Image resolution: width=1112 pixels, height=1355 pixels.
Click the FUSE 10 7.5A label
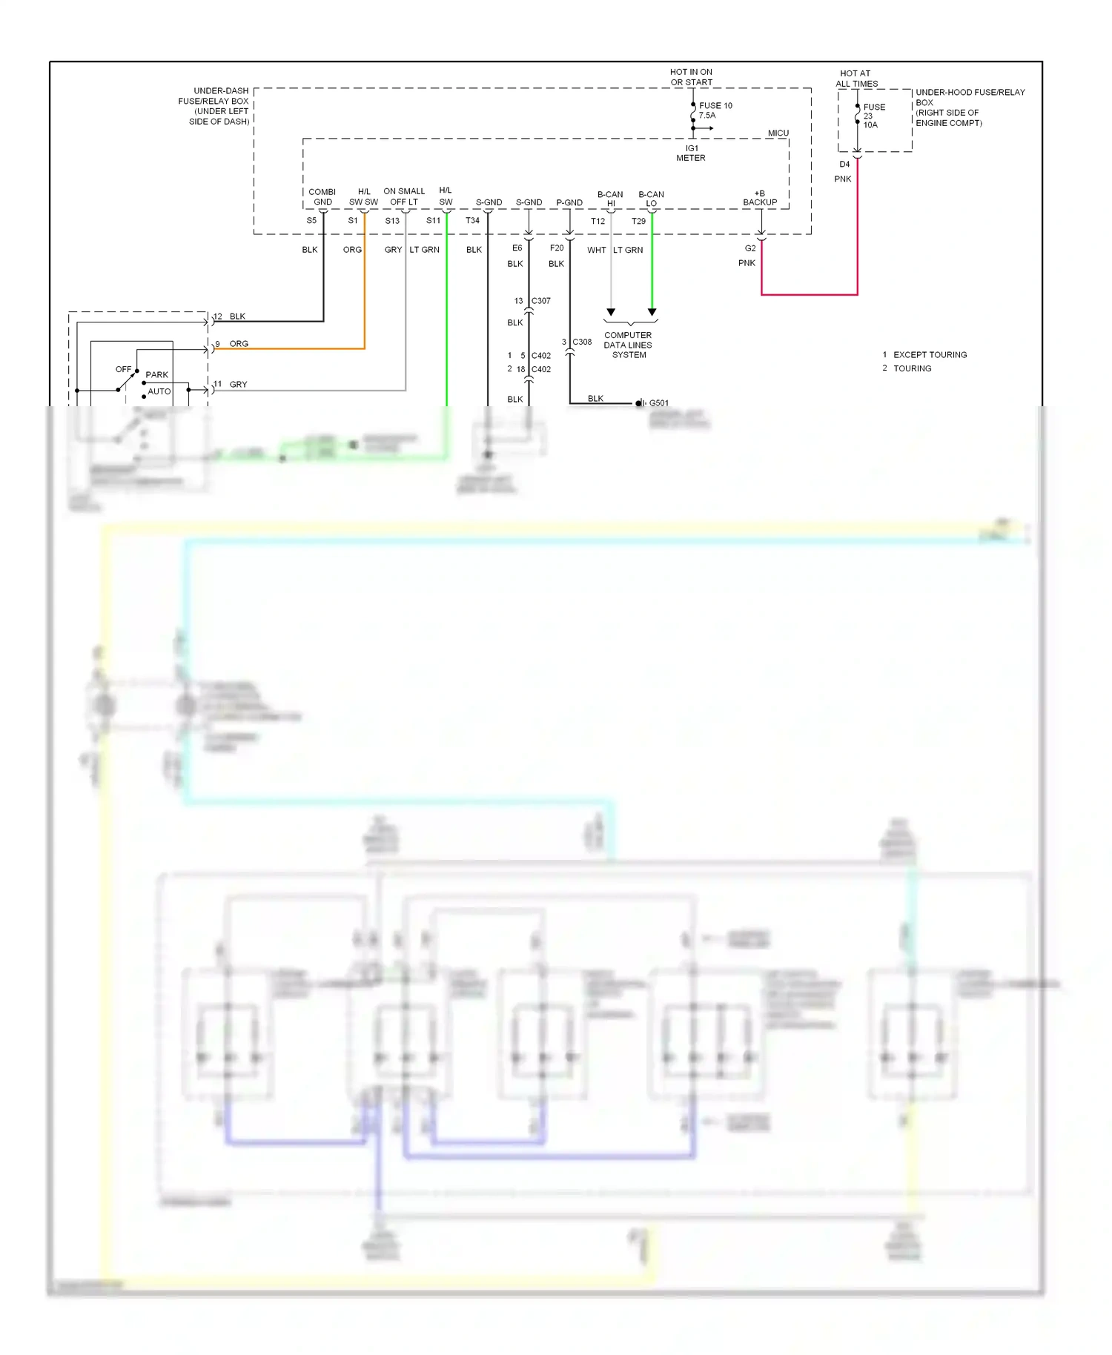[x=715, y=110]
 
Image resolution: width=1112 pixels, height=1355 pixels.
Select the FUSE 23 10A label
[x=873, y=116]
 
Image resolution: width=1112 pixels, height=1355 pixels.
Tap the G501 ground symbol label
[x=658, y=403]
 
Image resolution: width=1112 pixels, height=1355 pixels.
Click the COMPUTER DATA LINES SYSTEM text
[x=628, y=345]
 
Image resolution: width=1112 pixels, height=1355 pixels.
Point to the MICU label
[x=778, y=133]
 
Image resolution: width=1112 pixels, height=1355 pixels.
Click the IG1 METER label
[x=691, y=153]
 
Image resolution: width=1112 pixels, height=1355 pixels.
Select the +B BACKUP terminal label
[x=760, y=198]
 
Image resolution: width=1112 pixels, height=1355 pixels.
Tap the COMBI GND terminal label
[x=322, y=197]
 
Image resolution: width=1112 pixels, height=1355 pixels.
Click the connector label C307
[x=541, y=301]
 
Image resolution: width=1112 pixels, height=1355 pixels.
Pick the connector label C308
[x=582, y=342]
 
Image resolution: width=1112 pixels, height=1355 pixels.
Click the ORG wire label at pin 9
[x=239, y=344]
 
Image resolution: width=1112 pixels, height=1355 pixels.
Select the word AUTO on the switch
[x=159, y=391]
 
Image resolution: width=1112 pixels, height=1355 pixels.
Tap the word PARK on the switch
[x=157, y=375]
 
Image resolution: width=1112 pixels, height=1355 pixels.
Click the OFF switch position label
[x=123, y=369]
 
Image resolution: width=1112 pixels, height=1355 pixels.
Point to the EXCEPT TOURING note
[x=930, y=355]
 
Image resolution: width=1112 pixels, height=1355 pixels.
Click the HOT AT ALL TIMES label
[x=856, y=79]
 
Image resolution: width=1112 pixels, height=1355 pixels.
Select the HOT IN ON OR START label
[x=691, y=77]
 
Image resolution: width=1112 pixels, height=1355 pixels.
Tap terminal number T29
[x=638, y=221]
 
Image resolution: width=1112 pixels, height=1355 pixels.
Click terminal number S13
[x=392, y=221]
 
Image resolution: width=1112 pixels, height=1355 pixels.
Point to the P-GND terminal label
[x=569, y=202]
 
